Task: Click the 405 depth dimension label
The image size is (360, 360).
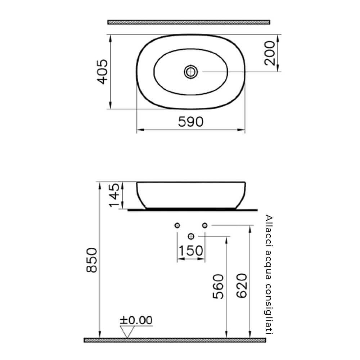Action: (x=103, y=72)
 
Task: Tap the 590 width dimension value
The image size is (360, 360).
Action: (x=191, y=122)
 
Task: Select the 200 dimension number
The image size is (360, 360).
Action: (x=270, y=53)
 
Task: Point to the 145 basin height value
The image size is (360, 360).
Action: (x=114, y=195)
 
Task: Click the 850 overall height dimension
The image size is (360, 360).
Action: (x=92, y=260)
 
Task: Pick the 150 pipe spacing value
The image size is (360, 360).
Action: (x=191, y=251)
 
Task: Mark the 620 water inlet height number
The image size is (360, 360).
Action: (x=242, y=286)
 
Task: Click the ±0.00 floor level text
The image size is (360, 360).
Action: (x=136, y=320)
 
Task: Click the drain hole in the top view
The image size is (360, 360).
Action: (x=190, y=71)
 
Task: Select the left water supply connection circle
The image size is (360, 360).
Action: (x=177, y=225)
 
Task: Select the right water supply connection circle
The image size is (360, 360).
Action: (x=204, y=225)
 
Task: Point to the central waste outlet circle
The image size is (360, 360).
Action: (x=191, y=236)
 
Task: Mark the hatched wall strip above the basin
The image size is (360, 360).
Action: (x=189, y=22)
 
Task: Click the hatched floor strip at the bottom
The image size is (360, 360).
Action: (x=175, y=340)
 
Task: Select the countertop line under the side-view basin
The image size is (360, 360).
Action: (x=193, y=209)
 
